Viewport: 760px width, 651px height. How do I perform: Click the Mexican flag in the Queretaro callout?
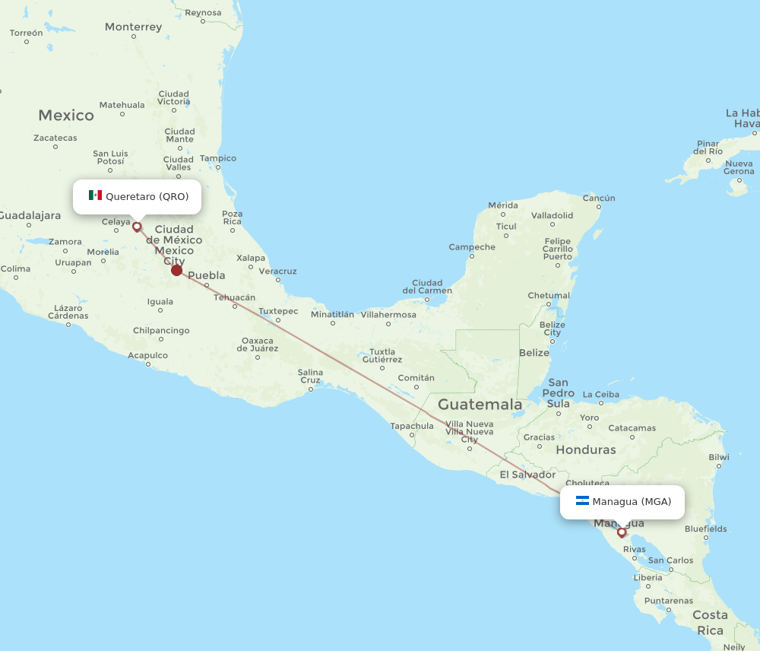click(95, 196)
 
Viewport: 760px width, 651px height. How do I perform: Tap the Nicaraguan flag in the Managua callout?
click(582, 501)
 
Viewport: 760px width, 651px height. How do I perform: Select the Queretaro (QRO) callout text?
click(147, 196)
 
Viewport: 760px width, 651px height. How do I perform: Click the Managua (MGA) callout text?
click(632, 501)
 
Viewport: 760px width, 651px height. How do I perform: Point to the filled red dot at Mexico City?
click(177, 270)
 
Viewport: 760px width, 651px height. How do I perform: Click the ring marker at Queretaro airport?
click(137, 226)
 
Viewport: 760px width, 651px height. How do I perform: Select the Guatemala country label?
click(480, 404)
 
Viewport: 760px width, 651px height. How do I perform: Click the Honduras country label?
click(585, 449)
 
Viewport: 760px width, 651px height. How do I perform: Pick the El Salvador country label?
click(527, 475)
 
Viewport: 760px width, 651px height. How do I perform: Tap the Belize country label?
click(534, 353)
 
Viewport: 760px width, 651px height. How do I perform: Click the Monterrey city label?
click(133, 27)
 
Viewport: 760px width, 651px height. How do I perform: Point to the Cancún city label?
click(598, 198)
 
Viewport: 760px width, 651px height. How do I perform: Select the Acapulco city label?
click(147, 355)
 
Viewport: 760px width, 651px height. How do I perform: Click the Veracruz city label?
click(277, 271)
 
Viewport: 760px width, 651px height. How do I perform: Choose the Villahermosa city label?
click(388, 314)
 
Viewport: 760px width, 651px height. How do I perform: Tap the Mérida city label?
click(502, 205)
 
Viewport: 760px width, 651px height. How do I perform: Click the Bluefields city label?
click(705, 529)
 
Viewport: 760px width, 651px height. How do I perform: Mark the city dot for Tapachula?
click(411, 436)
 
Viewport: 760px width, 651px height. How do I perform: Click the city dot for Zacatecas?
click(55, 148)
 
